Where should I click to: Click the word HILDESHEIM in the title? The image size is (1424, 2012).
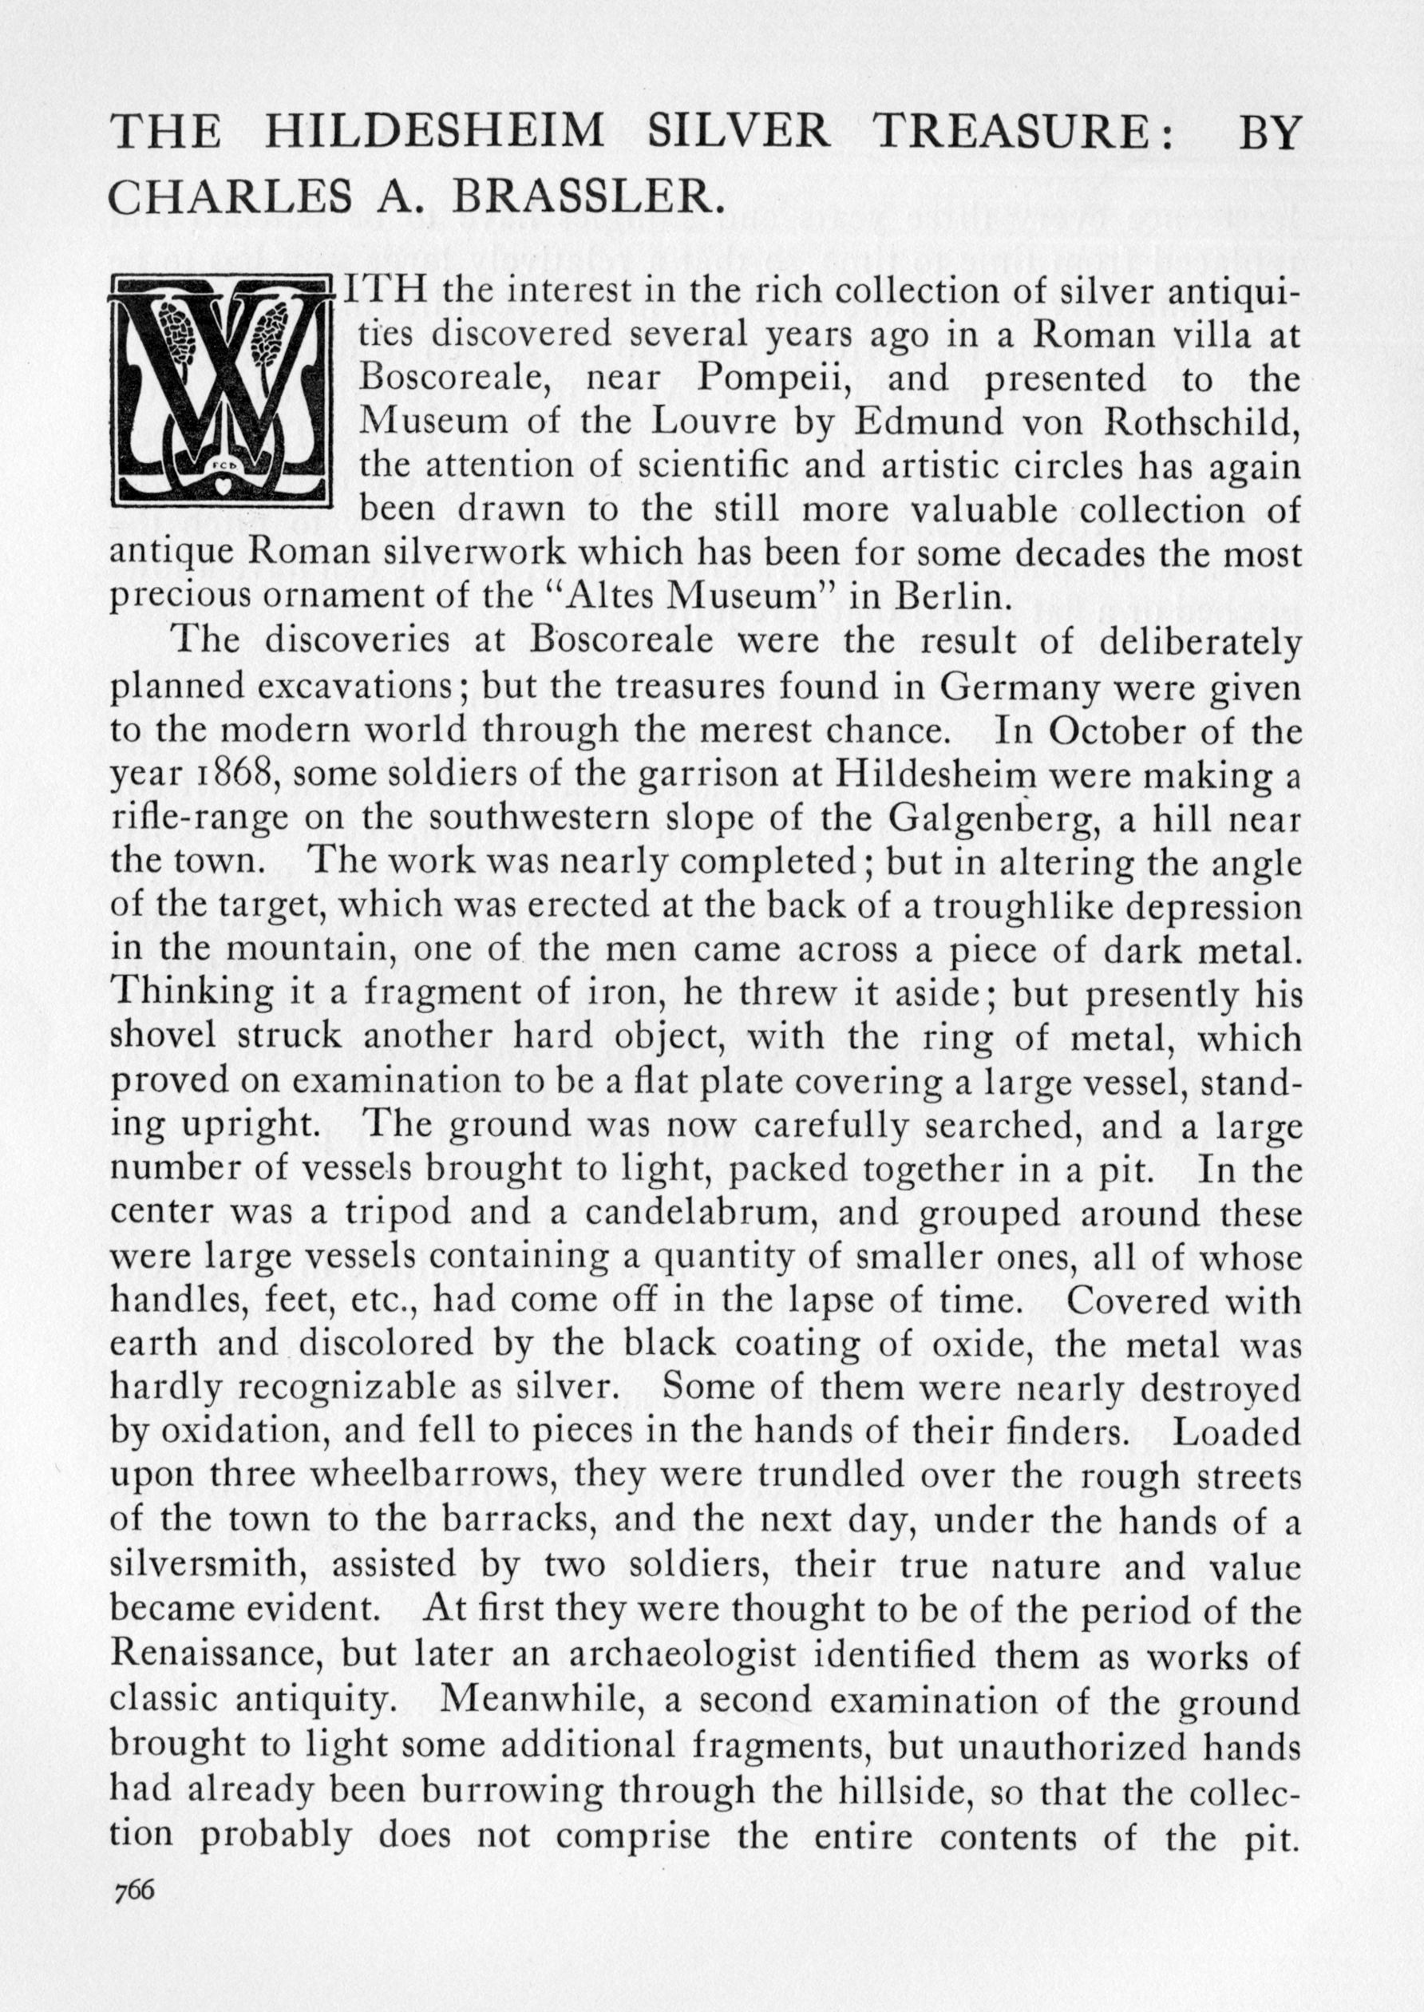click(x=434, y=132)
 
